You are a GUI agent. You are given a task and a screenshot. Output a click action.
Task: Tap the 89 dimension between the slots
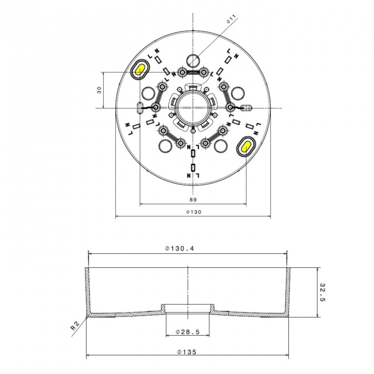click(193, 199)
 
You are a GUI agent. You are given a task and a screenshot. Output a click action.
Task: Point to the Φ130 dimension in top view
click(193, 212)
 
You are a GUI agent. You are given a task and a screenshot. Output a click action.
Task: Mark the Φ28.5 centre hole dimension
click(187, 332)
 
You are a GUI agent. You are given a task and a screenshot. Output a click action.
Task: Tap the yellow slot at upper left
click(140, 70)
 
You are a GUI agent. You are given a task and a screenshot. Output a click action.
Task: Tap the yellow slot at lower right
click(246, 146)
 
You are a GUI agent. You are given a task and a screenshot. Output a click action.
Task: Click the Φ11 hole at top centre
click(193, 60)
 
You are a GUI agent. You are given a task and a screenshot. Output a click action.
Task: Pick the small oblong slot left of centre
click(138, 107)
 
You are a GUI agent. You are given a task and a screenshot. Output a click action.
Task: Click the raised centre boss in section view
click(187, 308)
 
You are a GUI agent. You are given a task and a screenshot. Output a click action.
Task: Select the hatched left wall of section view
click(87, 290)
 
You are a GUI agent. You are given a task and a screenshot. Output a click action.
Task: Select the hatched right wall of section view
click(288, 290)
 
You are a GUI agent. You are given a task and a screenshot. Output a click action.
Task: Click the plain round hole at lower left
click(165, 146)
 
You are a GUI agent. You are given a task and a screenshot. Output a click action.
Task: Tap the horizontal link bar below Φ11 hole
click(193, 72)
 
